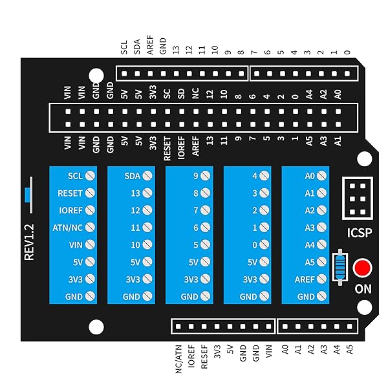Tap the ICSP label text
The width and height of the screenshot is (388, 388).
[x=360, y=232]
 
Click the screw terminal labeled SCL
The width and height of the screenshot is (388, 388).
[x=90, y=175]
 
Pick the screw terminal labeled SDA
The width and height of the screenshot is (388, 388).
[x=148, y=175]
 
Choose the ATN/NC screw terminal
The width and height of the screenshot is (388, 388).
[x=90, y=228]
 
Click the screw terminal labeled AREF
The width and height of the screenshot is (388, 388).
[x=323, y=279]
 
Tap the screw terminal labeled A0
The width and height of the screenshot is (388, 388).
[x=323, y=175]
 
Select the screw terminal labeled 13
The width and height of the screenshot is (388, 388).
[x=148, y=193]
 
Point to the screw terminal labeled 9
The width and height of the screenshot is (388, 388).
[x=206, y=175]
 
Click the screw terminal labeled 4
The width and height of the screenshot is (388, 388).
[x=264, y=175]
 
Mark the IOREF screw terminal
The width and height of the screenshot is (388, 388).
[x=90, y=210]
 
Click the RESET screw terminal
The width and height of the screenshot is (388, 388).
[x=90, y=193]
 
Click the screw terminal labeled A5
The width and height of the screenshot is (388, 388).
[x=323, y=262]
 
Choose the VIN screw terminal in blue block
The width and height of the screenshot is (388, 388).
[x=90, y=245]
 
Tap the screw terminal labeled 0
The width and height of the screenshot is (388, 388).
[x=264, y=245]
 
